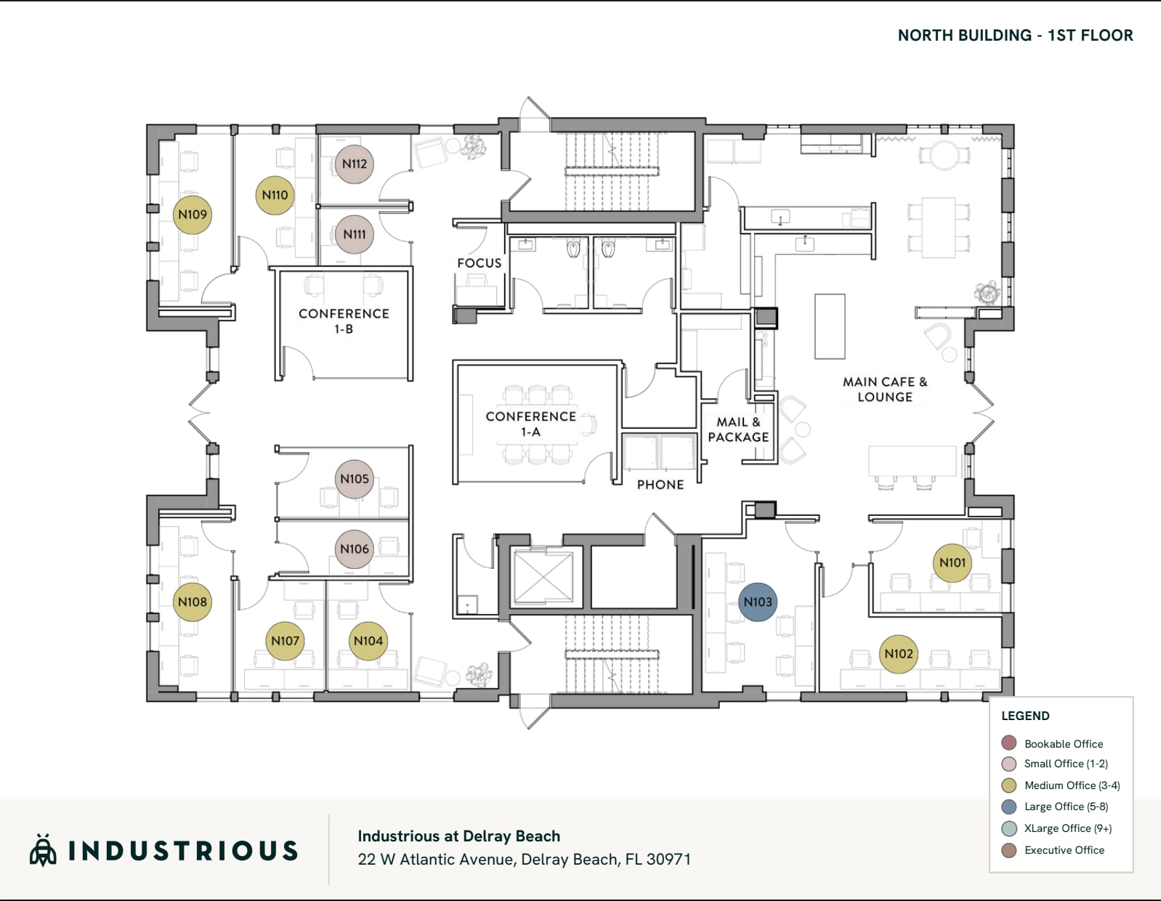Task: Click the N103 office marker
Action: click(x=758, y=602)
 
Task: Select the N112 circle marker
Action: click(x=355, y=164)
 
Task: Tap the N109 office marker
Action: click(x=193, y=214)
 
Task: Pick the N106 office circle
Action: click(x=355, y=549)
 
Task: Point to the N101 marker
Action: click(x=952, y=562)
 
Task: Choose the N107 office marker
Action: click(x=285, y=641)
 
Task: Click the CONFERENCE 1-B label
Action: click(x=344, y=321)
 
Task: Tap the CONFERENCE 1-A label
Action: click(x=530, y=424)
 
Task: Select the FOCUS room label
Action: click(x=479, y=263)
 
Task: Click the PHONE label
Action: click(x=660, y=485)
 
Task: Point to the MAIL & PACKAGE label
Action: click(x=738, y=429)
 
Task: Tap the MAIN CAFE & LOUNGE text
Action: click(x=885, y=389)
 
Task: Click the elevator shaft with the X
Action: click(x=543, y=578)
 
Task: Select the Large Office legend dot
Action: click(x=1009, y=807)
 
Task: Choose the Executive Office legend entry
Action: click(x=1064, y=850)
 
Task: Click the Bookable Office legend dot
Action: click(x=1009, y=743)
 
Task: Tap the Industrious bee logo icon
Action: click(x=43, y=850)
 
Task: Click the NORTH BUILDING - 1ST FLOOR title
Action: click(x=1015, y=35)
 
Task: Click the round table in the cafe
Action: click(x=944, y=155)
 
